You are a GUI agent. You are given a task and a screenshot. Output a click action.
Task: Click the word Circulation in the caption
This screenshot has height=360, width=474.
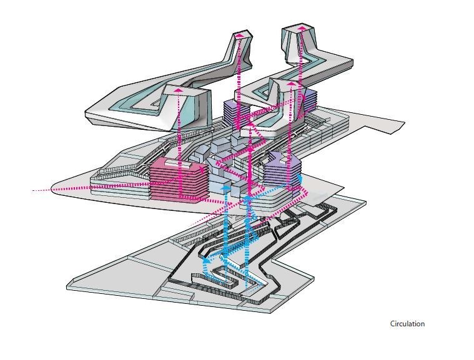tap(407, 324)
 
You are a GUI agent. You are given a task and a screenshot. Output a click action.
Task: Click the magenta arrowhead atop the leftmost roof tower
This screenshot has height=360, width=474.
tap(178, 91)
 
